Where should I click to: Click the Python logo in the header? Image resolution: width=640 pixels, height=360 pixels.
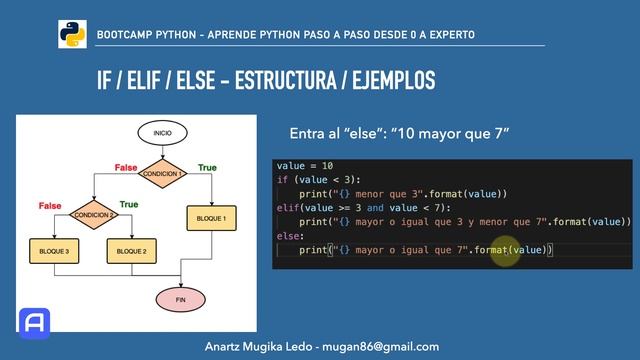(x=72, y=34)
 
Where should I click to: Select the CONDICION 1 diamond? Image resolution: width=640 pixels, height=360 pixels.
(x=162, y=174)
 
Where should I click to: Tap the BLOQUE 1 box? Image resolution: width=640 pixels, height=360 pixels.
(x=211, y=218)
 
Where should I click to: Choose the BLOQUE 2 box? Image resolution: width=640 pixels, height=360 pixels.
(x=133, y=251)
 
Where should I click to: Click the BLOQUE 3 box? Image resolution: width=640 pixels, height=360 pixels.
(x=55, y=251)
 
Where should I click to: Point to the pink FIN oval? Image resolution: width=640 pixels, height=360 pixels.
(x=181, y=298)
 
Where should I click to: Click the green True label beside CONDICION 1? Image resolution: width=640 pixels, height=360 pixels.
(x=207, y=167)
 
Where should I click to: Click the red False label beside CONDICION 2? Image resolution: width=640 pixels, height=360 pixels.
(x=50, y=206)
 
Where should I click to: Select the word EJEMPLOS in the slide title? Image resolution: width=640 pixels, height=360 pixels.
(x=389, y=80)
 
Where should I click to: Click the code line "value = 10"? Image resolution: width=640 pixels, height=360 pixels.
(x=305, y=165)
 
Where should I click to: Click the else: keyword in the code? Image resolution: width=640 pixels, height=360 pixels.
(x=289, y=236)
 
